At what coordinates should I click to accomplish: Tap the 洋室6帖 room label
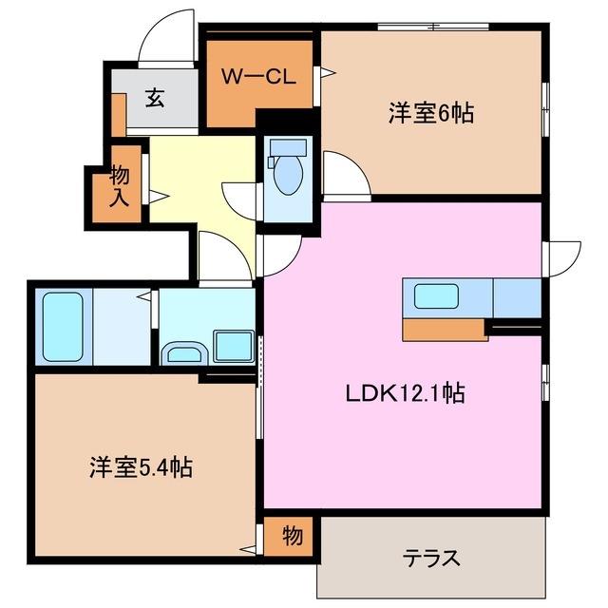click(x=430, y=113)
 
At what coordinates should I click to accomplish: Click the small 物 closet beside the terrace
click(x=292, y=537)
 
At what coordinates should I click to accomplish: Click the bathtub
click(x=62, y=326)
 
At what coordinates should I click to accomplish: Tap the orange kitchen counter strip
click(x=444, y=329)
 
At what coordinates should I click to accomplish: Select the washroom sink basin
click(x=183, y=354)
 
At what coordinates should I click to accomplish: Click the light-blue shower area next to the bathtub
click(x=118, y=326)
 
